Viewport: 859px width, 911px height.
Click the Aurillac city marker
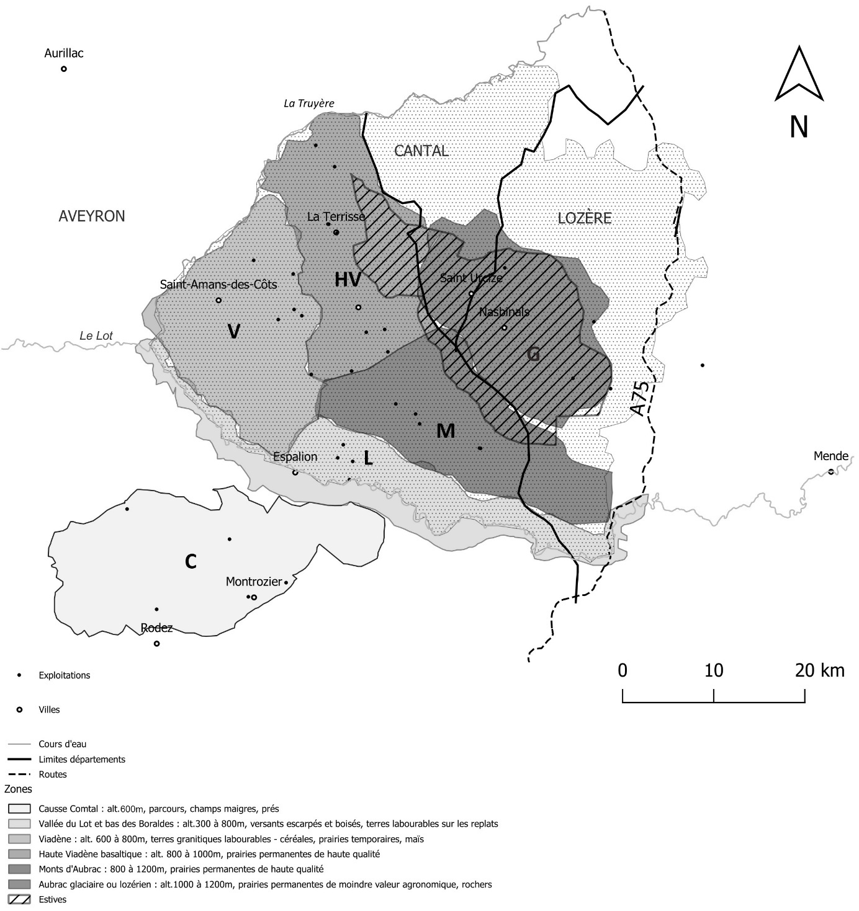[63, 69]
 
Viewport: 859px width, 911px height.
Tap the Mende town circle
[831, 471]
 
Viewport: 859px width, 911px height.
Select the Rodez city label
[157, 628]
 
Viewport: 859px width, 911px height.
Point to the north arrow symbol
[799, 74]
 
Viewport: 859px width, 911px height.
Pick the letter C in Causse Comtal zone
[191, 561]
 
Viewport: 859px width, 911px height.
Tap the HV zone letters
[348, 280]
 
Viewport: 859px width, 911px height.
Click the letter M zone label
[446, 430]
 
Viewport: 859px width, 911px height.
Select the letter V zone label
[233, 332]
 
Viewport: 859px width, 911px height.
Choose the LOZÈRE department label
[585, 218]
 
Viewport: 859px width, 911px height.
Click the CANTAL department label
[421, 151]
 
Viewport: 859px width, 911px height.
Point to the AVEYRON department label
[92, 216]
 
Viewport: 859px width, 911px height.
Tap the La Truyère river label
[308, 104]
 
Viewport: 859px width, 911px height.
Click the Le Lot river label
[96, 336]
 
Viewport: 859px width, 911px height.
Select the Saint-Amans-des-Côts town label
[218, 285]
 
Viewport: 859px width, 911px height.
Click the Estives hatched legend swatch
[19, 899]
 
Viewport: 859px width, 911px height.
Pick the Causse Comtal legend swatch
[19, 809]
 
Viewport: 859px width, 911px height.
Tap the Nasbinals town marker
[504, 327]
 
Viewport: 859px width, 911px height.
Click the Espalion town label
[295, 457]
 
